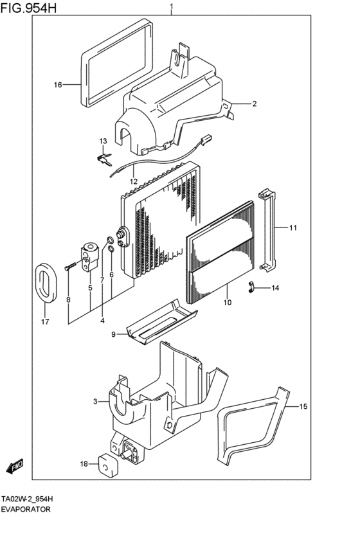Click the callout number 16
pyautogui.click(x=57, y=85)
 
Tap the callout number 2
pyautogui.click(x=254, y=103)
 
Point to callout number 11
pyautogui.click(x=292, y=228)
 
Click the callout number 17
pyautogui.click(x=44, y=321)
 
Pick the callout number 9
pyautogui.click(x=113, y=334)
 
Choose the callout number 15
pyautogui.click(x=304, y=406)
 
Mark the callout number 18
pyautogui.click(x=84, y=463)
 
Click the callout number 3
pyautogui.click(x=94, y=402)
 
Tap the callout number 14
pyautogui.click(x=274, y=288)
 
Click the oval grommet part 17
pyautogui.click(x=45, y=283)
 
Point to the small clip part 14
pyautogui.click(x=253, y=287)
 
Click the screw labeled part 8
pyautogui.click(x=69, y=265)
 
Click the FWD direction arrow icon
pyautogui.click(x=16, y=465)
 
